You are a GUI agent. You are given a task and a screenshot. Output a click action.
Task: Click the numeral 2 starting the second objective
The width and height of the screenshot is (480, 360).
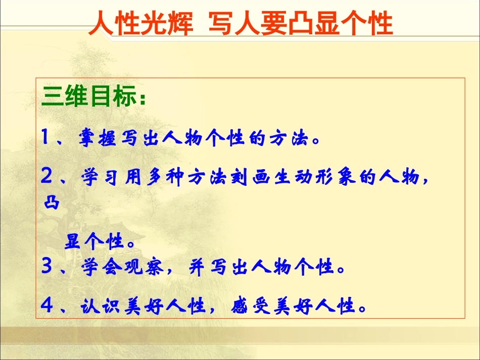47,177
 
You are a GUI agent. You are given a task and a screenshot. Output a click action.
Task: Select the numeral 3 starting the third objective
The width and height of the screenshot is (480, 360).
47,266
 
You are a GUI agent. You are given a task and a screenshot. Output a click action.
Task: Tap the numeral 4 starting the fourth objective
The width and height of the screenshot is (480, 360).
47,305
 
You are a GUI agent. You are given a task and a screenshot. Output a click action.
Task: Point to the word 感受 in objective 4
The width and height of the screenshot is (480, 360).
247,306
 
